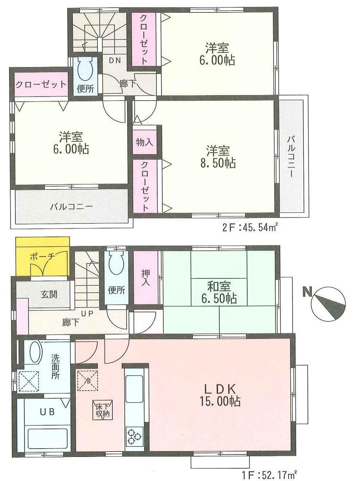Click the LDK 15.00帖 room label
coord(220,395)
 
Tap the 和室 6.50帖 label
coord(219,292)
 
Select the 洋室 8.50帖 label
coord(218,156)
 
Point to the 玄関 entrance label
coord(49,294)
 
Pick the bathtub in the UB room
coord(47,439)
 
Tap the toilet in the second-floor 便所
coord(86,69)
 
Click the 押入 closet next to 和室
coord(145,277)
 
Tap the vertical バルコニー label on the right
coord(291,156)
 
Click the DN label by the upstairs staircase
coord(115,60)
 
